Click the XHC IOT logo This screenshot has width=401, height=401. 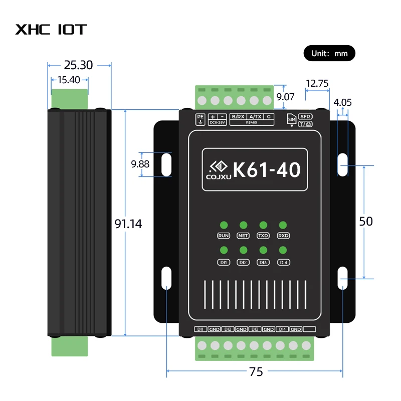(51, 29)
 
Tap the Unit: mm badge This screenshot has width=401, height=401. (329, 53)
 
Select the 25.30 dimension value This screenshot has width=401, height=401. (79, 65)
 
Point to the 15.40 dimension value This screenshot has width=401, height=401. (69, 79)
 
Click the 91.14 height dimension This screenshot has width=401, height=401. (128, 224)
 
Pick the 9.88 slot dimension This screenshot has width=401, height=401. (140, 164)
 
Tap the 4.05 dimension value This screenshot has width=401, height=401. (343, 102)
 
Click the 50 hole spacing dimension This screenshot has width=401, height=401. (366, 221)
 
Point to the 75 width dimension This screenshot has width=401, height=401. (256, 371)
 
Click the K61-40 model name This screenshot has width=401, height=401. (267, 169)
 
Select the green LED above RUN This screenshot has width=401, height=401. (224, 225)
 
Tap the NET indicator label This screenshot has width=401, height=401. (243, 236)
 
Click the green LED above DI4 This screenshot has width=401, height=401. (283, 250)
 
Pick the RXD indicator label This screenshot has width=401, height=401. (284, 236)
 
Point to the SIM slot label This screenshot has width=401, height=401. (291, 119)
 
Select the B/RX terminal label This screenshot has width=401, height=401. (238, 116)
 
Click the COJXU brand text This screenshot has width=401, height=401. (216, 176)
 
